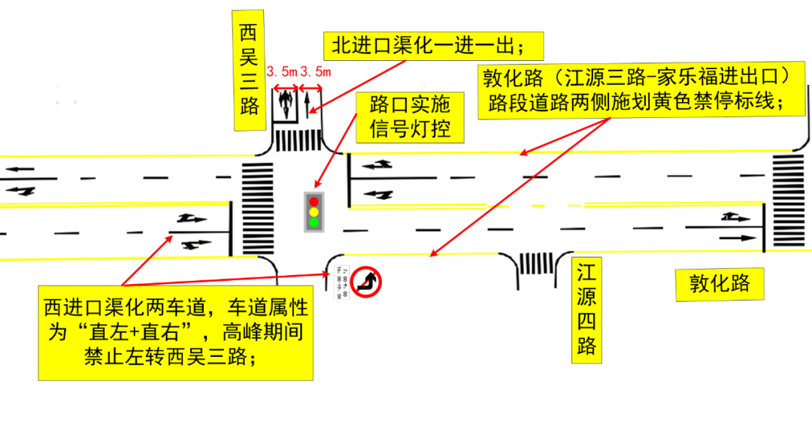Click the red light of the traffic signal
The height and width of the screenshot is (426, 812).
point(314,201)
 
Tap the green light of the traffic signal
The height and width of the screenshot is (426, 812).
point(314,222)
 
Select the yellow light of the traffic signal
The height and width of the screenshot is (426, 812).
point(314,212)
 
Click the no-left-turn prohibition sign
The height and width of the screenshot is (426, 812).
point(367,282)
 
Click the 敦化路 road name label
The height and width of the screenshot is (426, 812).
point(719,283)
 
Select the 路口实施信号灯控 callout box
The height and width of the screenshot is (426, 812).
point(410,117)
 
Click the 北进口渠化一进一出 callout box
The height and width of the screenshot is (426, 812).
point(433,47)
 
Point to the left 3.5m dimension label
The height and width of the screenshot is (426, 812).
point(282,72)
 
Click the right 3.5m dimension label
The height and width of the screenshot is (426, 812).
point(315,72)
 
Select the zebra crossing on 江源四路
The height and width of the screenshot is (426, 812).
point(534,263)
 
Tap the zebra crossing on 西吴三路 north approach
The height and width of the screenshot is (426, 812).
point(297,140)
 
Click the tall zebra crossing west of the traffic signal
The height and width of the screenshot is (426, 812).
point(258,207)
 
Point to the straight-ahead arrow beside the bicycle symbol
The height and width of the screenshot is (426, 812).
point(308,102)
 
